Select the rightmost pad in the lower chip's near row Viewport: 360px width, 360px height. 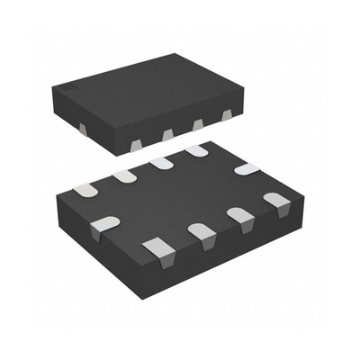click(x=274, y=199)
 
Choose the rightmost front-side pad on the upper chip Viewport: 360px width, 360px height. click(x=226, y=115)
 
